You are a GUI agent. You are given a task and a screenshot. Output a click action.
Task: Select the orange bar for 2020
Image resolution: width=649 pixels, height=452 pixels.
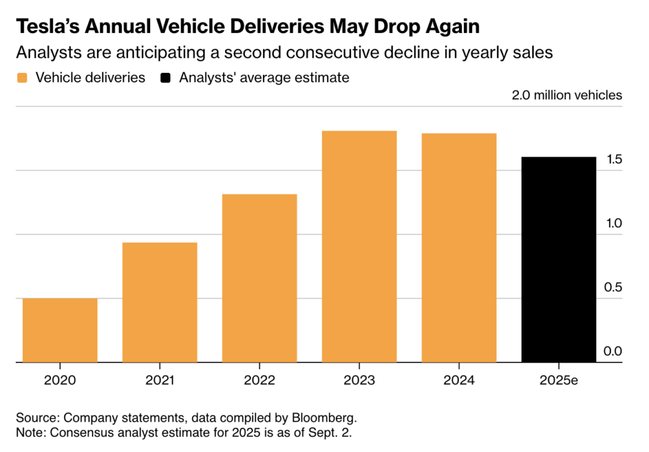tap(60, 330)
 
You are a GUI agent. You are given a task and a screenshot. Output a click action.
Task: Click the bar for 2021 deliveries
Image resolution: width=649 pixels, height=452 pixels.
tap(160, 302)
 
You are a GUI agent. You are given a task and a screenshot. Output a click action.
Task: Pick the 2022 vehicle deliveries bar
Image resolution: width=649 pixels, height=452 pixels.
tap(259, 278)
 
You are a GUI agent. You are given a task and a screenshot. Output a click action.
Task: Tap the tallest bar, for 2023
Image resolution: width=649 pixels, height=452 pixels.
tap(359, 247)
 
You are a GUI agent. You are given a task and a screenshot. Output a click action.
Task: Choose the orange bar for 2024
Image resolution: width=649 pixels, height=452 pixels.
tap(459, 248)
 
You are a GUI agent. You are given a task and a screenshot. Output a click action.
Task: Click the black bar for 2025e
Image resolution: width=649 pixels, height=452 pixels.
tap(559, 259)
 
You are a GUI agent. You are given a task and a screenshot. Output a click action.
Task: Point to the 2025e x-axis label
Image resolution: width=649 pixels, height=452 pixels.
tap(559, 380)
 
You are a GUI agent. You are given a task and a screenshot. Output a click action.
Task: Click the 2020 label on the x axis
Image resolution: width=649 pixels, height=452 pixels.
tap(60, 380)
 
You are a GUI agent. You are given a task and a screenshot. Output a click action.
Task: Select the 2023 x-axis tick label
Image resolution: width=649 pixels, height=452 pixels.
tap(359, 380)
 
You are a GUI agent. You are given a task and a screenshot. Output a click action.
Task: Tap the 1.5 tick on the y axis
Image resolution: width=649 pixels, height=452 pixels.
tap(614, 159)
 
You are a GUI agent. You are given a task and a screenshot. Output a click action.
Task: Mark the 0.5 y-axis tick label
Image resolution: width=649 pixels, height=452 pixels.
tap(613, 287)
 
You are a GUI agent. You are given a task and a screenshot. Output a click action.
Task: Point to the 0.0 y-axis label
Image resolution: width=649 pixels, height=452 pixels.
tap(613, 351)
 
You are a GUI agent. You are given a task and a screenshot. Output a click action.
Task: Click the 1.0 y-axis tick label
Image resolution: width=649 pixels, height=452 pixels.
tap(614, 224)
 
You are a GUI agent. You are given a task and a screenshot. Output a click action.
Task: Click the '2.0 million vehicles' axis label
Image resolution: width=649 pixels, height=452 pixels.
tap(567, 95)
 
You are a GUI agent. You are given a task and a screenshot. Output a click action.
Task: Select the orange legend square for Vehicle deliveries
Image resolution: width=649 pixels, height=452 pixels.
tap(22, 78)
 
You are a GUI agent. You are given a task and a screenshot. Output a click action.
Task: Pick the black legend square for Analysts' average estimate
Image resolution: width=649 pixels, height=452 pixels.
tap(165, 78)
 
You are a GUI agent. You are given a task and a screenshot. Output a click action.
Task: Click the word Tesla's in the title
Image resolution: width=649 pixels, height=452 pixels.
tap(48, 27)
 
